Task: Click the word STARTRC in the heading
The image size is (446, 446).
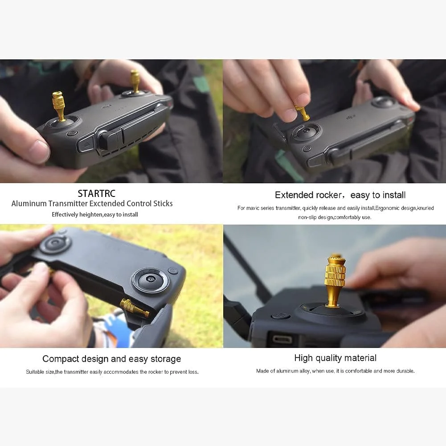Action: point(97,193)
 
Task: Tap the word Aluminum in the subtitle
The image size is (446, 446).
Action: point(29,204)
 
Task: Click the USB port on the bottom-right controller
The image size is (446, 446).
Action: point(282,339)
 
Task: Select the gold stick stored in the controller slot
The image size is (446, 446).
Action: point(134,308)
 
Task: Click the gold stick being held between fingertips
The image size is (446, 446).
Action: point(303,112)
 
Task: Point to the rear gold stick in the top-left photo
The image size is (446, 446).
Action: point(135,82)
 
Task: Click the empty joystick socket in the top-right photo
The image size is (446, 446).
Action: point(306,131)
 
